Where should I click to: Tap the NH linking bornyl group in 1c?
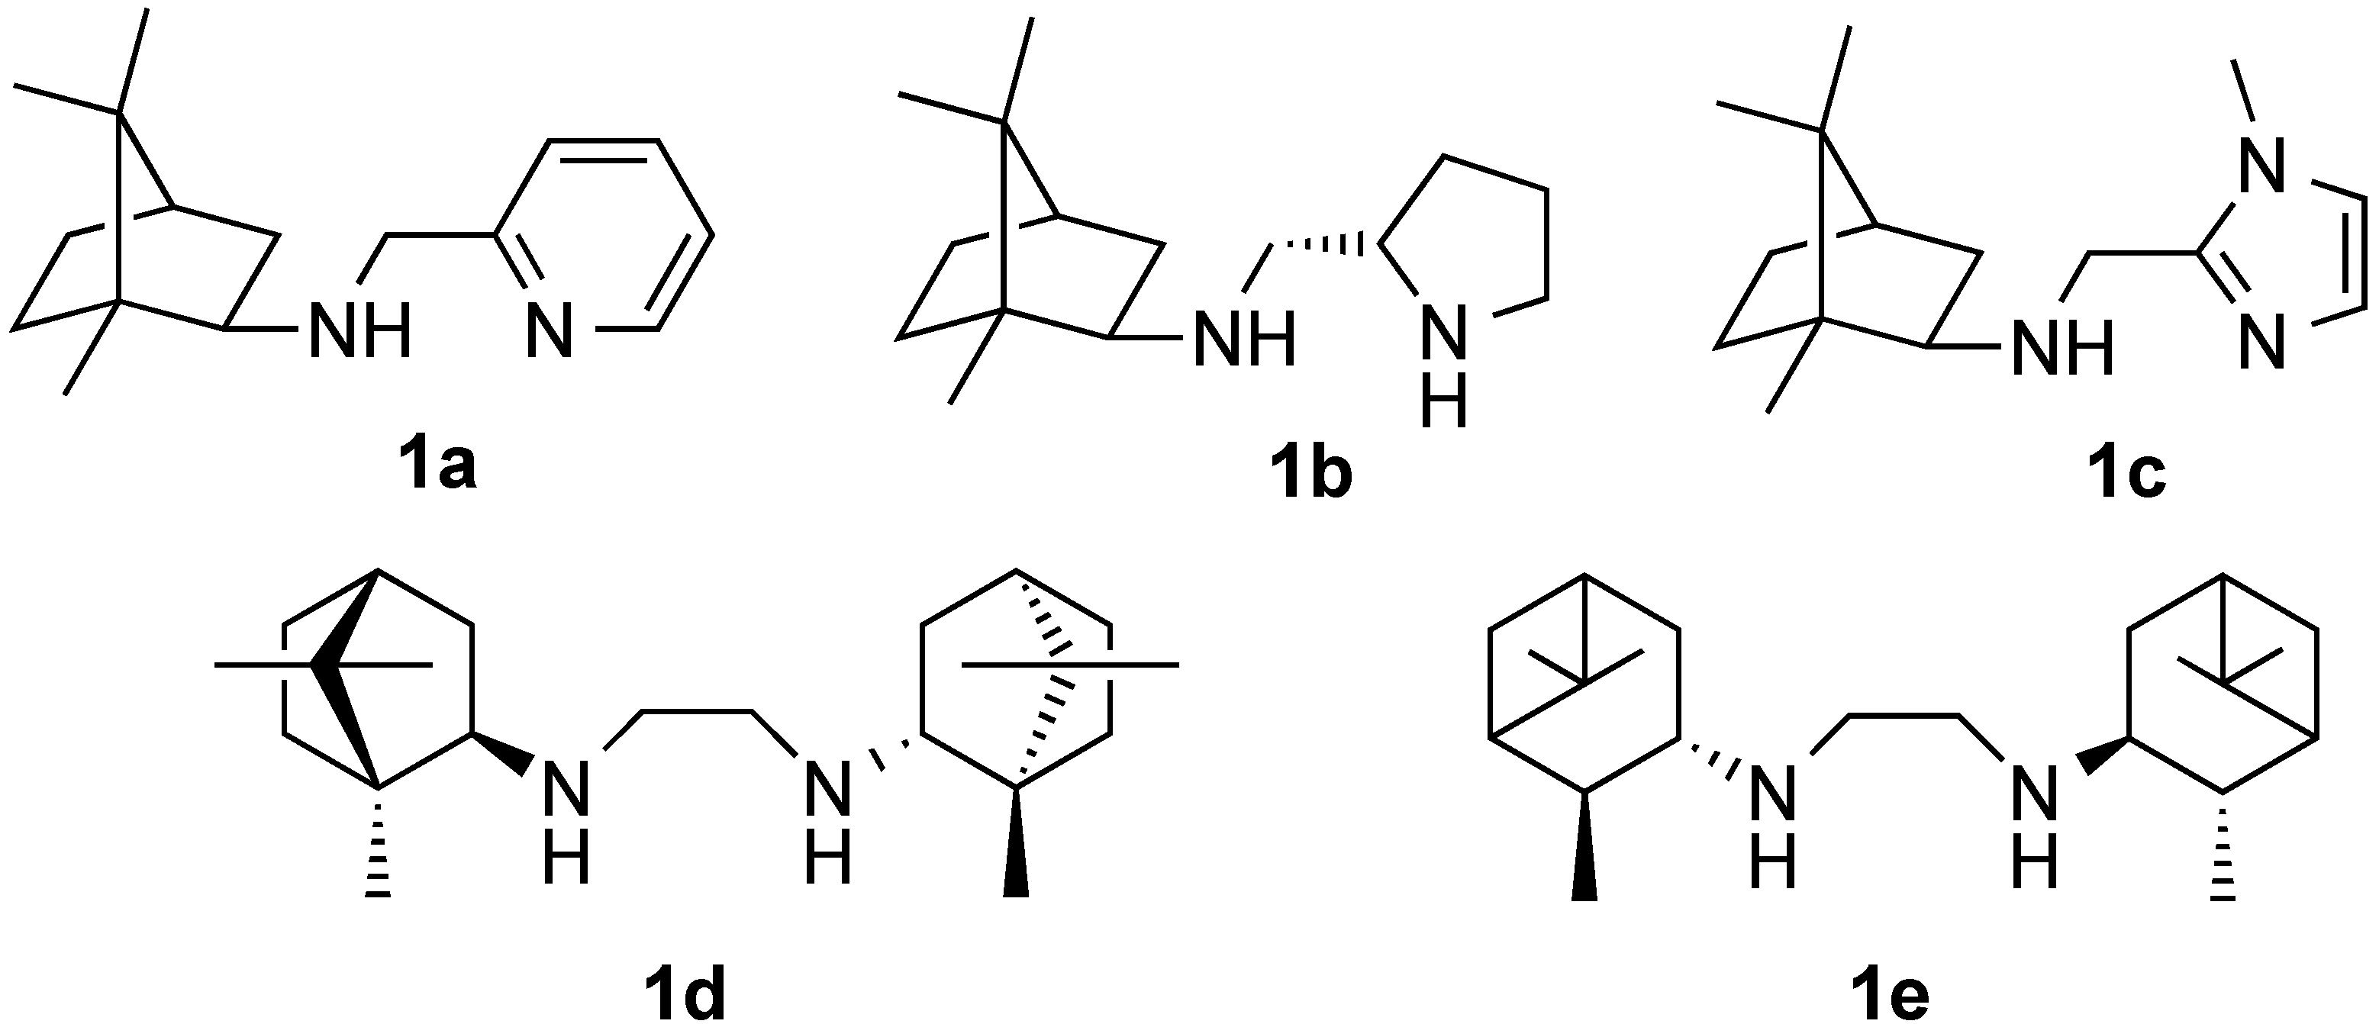(2061, 348)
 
